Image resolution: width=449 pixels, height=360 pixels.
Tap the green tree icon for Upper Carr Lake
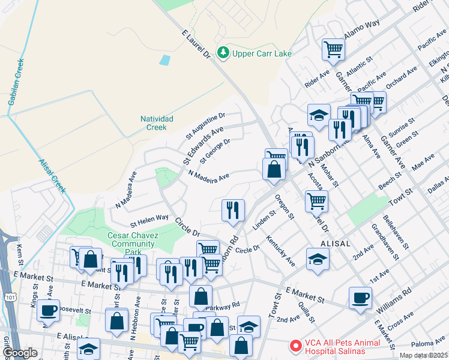click(223, 53)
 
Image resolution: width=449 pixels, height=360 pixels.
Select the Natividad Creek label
click(156, 123)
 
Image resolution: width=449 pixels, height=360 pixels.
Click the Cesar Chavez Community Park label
click(133, 239)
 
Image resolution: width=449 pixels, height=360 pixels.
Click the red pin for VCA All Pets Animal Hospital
click(295, 346)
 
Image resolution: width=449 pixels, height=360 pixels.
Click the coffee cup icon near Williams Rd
click(360, 297)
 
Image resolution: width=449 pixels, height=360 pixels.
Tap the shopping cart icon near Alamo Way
click(333, 49)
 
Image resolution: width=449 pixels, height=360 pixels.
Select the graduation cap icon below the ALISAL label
click(317, 259)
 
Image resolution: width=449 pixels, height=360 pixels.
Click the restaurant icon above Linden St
click(232, 210)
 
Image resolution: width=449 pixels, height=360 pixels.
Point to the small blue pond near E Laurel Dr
click(164, 60)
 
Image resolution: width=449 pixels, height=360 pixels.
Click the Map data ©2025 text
click(424, 355)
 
